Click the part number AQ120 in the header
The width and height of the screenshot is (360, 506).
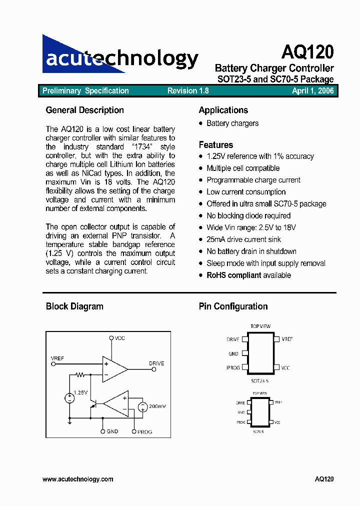[x=307, y=51]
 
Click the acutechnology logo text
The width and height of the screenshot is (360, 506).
[x=122, y=58]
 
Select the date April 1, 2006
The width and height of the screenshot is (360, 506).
[x=312, y=91]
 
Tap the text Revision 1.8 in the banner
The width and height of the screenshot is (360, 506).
[x=188, y=91]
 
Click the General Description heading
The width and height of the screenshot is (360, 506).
[x=84, y=110]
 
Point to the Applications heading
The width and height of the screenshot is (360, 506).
[x=223, y=110]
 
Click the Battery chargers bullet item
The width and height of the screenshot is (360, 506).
[x=232, y=123]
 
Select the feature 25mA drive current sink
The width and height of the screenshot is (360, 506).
[x=243, y=239]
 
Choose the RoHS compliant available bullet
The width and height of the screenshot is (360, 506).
[x=248, y=275]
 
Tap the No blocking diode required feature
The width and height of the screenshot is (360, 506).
[x=248, y=216]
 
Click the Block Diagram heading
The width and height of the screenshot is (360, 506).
[x=74, y=306]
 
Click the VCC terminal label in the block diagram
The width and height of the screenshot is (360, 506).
[x=120, y=338]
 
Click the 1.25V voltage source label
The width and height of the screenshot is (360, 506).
[x=80, y=392]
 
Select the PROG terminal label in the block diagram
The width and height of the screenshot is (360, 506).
[x=144, y=431]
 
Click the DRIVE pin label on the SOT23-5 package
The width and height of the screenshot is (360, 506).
[x=233, y=339]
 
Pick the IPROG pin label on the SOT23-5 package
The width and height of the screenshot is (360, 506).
[x=233, y=368]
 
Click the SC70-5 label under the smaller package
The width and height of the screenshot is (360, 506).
[x=258, y=431]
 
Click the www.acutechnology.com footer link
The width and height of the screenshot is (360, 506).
[x=78, y=479]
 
